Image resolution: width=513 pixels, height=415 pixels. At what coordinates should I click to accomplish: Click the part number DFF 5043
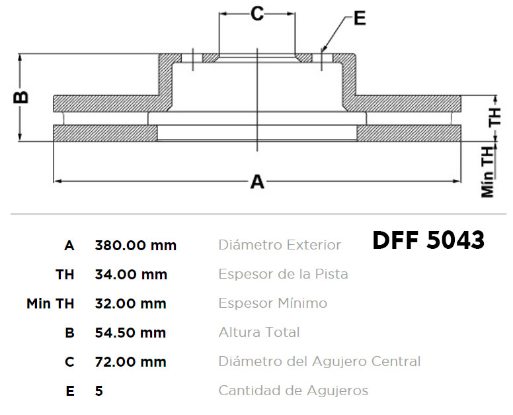[x=428, y=240]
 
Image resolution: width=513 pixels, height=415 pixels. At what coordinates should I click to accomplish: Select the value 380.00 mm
[x=136, y=245]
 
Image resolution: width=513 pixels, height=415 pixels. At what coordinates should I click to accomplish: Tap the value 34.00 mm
[x=131, y=274]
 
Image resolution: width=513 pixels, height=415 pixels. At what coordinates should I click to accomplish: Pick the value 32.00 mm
[x=130, y=303]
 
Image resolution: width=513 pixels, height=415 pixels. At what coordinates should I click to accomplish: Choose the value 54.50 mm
[x=130, y=332]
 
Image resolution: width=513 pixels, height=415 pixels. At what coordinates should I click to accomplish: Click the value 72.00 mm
[x=130, y=361]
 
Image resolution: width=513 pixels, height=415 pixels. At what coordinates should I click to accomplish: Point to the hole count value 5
[x=99, y=391]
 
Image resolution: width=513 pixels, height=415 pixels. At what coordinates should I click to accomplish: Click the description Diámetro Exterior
[x=280, y=245]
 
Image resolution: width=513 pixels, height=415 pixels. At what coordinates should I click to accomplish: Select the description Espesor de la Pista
[x=283, y=274]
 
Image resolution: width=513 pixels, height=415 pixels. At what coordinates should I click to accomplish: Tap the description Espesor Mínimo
[x=273, y=303]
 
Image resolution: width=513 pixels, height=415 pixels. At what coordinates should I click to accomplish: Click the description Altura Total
[x=259, y=332]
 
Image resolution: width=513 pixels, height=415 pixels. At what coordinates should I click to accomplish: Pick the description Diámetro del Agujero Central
[x=319, y=361]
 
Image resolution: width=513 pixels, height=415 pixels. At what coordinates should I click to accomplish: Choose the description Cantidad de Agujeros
[x=293, y=391]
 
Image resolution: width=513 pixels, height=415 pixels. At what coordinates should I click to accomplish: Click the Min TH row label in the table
[x=50, y=303]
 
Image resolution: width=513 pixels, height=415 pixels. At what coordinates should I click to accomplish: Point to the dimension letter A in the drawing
[x=257, y=181]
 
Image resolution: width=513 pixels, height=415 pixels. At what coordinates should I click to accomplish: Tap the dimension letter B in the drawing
[x=21, y=97]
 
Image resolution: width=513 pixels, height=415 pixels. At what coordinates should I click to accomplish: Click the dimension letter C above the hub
[x=257, y=14]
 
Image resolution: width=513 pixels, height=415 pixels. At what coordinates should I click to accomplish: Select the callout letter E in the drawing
[x=360, y=19]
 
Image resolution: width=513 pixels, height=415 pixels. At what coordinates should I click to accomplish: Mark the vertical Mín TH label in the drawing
[x=487, y=171]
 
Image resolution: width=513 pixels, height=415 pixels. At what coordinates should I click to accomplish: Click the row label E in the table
[x=70, y=391]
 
